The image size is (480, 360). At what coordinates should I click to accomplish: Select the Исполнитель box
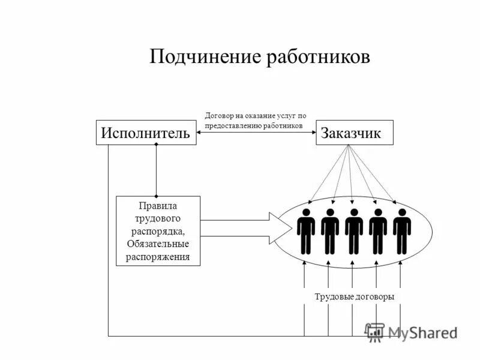coord(146,133)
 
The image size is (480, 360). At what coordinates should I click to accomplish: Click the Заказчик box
coord(355,133)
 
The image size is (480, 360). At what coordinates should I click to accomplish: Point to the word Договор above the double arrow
coord(220,116)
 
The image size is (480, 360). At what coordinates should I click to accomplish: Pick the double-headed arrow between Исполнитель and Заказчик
coord(256,133)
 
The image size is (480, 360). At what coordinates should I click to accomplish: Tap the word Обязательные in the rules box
coord(158,244)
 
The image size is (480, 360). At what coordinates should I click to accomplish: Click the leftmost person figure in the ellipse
coord(306,231)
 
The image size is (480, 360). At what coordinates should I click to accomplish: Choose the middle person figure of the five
coord(354,231)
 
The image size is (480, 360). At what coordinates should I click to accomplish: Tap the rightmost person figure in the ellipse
coord(402,231)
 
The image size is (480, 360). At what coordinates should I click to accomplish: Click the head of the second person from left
coord(330,213)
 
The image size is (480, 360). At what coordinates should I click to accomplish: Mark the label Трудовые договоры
coord(355,297)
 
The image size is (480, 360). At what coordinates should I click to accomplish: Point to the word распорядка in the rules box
coord(158,232)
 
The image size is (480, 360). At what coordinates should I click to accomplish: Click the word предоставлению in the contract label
coord(238,125)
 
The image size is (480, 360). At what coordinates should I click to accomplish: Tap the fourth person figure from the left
coord(378,231)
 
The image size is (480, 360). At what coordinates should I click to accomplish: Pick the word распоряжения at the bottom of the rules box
coord(158,257)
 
